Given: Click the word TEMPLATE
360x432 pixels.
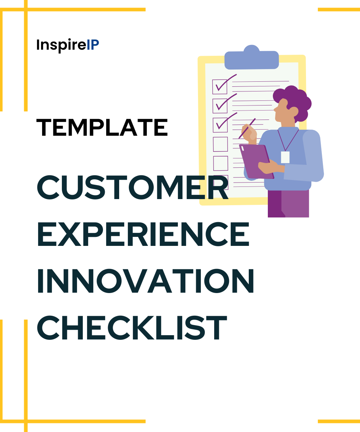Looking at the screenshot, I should click(102, 127).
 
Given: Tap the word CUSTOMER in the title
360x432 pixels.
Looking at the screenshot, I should click(132, 188).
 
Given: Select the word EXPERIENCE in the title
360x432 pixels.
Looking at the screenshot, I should click(143, 234).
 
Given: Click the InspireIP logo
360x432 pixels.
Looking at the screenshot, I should click(68, 45).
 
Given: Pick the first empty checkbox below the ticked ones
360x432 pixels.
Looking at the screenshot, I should click(220, 144).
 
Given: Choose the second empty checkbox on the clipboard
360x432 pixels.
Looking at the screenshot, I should click(220, 163).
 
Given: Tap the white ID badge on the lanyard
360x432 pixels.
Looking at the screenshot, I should click(285, 157).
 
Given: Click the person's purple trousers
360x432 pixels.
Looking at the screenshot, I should click(288, 203).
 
